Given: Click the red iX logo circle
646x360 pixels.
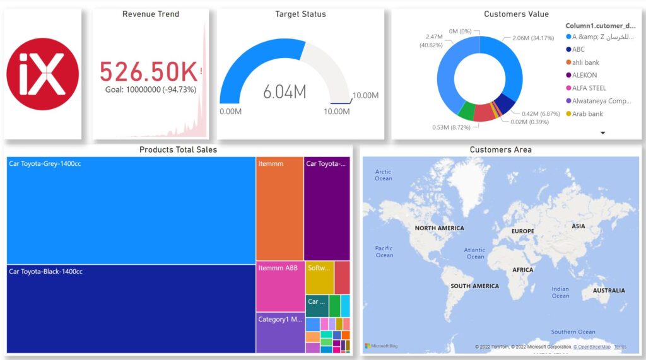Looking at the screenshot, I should pyautogui.click(x=42, y=74).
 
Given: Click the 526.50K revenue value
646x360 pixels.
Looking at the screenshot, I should pyautogui.click(x=149, y=72).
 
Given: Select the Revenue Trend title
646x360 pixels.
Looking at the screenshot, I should pyautogui.click(x=151, y=14).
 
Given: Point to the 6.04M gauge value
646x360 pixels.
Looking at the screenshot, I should pyautogui.click(x=285, y=92).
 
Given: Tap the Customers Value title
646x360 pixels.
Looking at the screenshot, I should pyautogui.click(x=516, y=14).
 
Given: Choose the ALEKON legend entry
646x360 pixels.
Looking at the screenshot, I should pyautogui.click(x=585, y=75).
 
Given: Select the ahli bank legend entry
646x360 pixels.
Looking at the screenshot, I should pyautogui.click(x=585, y=62).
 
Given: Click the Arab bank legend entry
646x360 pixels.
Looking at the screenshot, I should pyautogui.click(x=587, y=113).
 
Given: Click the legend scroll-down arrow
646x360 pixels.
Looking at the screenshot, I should pyautogui.click(x=602, y=133).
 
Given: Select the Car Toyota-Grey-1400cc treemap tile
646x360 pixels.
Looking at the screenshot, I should pyautogui.click(x=131, y=210).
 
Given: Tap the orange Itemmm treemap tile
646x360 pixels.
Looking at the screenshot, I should pyautogui.click(x=279, y=209).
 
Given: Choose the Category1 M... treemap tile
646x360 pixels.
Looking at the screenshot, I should pyautogui.click(x=280, y=333).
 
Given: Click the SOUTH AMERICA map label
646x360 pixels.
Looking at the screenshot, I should pyautogui.click(x=474, y=286).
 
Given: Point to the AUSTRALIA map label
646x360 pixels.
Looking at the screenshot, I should pyautogui.click(x=609, y=291).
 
